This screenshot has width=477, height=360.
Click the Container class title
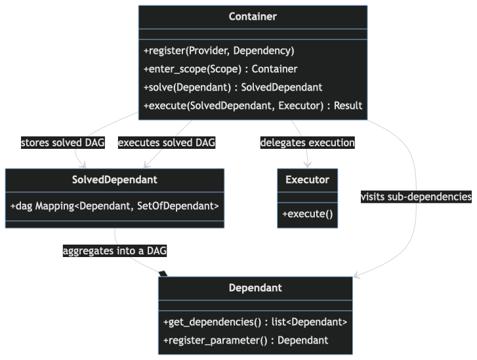tap(253, 16)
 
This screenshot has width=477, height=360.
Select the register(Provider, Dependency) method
tap(218, 50)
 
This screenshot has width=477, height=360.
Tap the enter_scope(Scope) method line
tap(220, 69)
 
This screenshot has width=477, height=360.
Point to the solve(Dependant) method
tap(232, 87)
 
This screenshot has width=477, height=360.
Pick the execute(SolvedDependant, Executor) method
tap(253, 106)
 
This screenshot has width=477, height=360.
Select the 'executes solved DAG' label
tap(166, 142)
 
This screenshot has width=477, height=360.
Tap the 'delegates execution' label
tap(307, 142)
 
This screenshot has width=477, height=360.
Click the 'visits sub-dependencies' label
tap(416, 197)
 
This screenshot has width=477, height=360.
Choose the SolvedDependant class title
tap(114, 180)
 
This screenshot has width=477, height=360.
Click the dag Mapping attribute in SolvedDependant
tap(114, 206)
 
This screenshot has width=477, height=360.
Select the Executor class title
tap(307, 180)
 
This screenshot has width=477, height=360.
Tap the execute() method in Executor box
tap(307, 214)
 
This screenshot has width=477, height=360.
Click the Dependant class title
tap(255, 287)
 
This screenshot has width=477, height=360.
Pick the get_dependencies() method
tap(255, 322)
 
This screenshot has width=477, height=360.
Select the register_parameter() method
tap(245, 340)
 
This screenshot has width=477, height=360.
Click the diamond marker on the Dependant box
tap(163, 273)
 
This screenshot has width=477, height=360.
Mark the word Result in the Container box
tap(347, 106)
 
